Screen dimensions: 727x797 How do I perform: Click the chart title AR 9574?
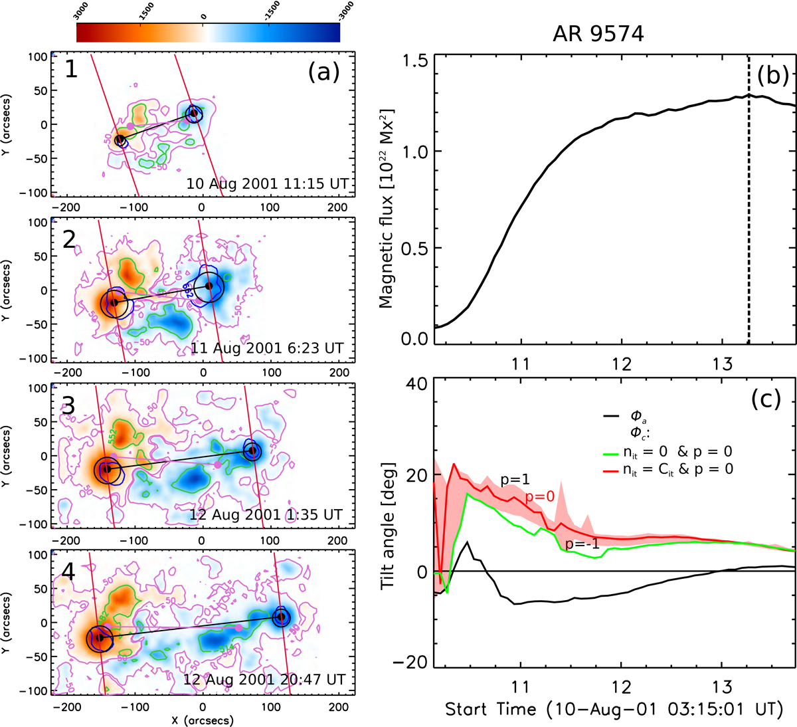point(598,34)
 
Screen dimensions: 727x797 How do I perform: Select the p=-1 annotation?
point(582,545)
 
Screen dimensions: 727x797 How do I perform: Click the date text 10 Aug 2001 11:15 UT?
point(267,183)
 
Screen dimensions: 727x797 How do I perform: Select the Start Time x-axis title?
point(611,709)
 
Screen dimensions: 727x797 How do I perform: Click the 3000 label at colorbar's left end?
point(82,11)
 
